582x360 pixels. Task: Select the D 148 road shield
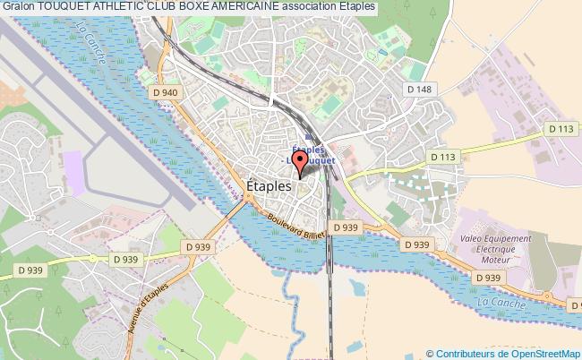[x=419, y=89]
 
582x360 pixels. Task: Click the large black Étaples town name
[x=267, y=184]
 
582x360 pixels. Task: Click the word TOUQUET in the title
[x=63, y=7]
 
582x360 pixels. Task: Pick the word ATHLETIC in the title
[x=121, y=7]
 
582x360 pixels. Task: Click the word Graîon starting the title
[x=17, y=7]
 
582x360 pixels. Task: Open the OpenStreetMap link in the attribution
[x=537, y=353]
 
